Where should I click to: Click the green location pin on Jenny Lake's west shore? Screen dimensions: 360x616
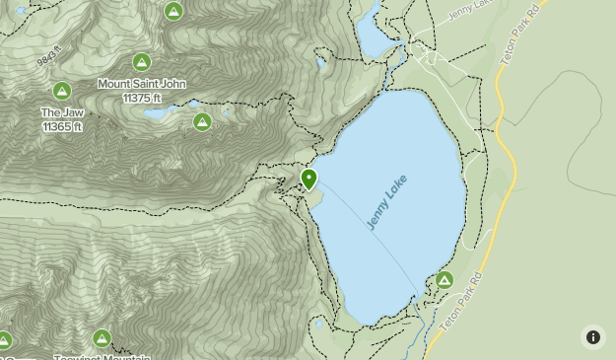coord(308,179)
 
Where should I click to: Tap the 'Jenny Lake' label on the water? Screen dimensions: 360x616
coord(386,203)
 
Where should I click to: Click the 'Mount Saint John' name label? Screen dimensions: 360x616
coord(142,84)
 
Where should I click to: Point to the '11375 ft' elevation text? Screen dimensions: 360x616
coord(142,98)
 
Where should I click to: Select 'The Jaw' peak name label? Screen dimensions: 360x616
coord(62,113)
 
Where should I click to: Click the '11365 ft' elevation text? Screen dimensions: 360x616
coord(62,127)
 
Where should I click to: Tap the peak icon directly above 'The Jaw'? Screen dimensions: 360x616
coord(62,92)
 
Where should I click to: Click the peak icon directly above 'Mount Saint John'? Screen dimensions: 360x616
coord(142,63)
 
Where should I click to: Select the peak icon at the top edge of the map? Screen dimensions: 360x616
coord(173,12)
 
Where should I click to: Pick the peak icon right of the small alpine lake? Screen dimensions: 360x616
coord(202,121)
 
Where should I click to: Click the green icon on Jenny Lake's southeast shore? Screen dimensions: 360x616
coord(445,281)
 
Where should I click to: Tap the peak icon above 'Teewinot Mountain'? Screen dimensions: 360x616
coord(102,339)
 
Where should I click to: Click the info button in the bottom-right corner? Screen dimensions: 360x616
coord(592,336)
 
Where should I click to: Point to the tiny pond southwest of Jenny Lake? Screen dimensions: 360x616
coord(318,324)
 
